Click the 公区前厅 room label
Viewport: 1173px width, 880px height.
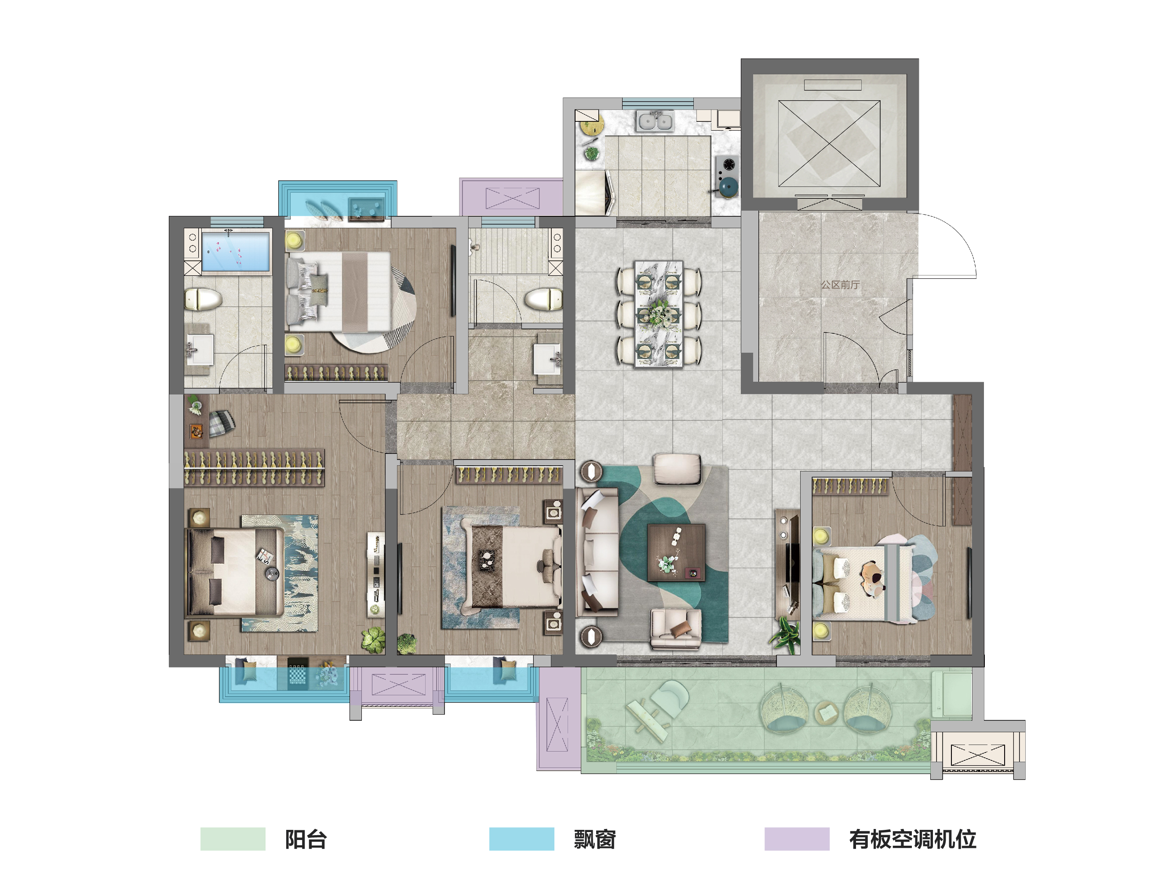point(840,285)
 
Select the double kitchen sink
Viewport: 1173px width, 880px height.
point(656,121)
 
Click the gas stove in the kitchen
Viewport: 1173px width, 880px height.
point(726,166)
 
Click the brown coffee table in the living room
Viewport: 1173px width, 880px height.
point(676,553)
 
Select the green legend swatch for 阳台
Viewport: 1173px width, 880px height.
point(233,839)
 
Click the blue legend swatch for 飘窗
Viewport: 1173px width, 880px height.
point(522,839)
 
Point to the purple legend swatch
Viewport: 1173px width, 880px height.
point(797,839)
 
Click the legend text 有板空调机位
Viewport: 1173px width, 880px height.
point(913,840)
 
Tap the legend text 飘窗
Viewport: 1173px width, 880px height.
point(594,840)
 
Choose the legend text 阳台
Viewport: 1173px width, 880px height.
point(306,840)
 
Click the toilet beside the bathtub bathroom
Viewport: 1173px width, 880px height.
point(203,299)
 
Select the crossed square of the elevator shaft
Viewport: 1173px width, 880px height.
point(829,143)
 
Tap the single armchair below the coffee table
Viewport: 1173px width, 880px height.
point(676,629)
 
